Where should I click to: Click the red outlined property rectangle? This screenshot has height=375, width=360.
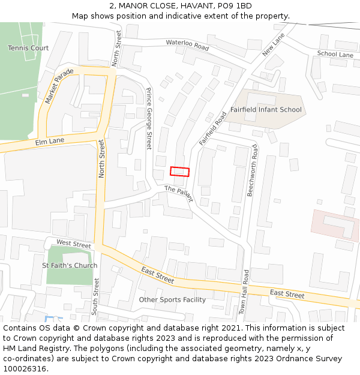(x=179, y=172)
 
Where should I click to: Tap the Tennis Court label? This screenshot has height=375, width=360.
(x=28, y=48)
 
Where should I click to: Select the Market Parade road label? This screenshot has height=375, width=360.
(x=59, y=86)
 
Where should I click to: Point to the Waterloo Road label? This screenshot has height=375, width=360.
(x=187, y=45)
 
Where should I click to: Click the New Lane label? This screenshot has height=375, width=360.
(x=273, y=46)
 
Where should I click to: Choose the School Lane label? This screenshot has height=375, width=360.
(x=335, y=55)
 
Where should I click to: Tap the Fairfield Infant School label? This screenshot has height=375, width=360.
(x=266, y=110)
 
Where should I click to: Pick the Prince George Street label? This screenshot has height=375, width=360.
(x=149, y=118)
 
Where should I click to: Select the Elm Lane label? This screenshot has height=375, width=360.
(x=49, y=142)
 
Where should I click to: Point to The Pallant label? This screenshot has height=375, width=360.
(x=178, y=194)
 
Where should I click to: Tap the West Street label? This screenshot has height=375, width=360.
(x=73, y=243)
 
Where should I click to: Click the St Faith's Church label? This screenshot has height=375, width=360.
(x=70, y=265)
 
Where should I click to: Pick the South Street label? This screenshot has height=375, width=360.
(x=95, y=296)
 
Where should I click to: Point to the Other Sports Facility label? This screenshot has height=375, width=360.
(x=172, y=299)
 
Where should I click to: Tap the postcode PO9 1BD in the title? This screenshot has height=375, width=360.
(x=232, y=6)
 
